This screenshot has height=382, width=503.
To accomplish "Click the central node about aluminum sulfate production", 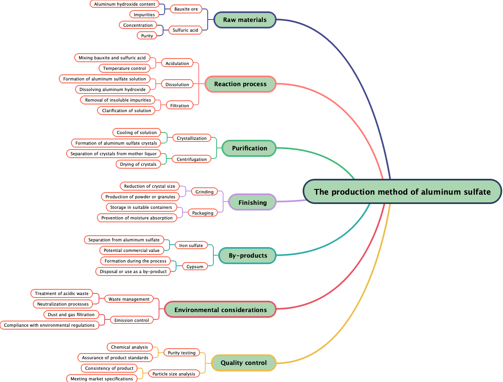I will pos(402,192).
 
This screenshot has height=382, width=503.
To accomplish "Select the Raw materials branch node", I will pos(245,20).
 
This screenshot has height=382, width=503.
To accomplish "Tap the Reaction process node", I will pos(240,84).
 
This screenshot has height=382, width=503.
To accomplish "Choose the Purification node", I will pos(249,148).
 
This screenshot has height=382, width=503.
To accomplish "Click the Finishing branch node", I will pos(252,202).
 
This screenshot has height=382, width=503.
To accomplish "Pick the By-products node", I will pos(248,256).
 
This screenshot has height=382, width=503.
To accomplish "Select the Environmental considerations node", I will pos(220,310).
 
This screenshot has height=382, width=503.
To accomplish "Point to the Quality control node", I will pos(243,362).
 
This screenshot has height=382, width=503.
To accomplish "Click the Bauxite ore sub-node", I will pos(186,9).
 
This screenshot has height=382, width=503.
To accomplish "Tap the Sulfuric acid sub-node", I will pos(185,30).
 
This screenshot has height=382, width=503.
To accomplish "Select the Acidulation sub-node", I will pos(177,63).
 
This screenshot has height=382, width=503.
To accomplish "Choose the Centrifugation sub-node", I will pos(191,159).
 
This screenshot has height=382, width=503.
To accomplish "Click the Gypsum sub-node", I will pos(195,267).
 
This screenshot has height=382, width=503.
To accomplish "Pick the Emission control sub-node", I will pos(131,320).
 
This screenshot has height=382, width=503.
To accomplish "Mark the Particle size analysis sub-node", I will pos(174,374).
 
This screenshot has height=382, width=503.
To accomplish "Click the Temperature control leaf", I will pos(124,68).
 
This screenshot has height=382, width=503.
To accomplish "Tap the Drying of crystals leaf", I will pos(138,164).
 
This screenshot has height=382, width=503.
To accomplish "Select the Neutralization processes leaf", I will pos(63,304).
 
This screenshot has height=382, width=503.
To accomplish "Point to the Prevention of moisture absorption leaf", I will pos(137,218).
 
